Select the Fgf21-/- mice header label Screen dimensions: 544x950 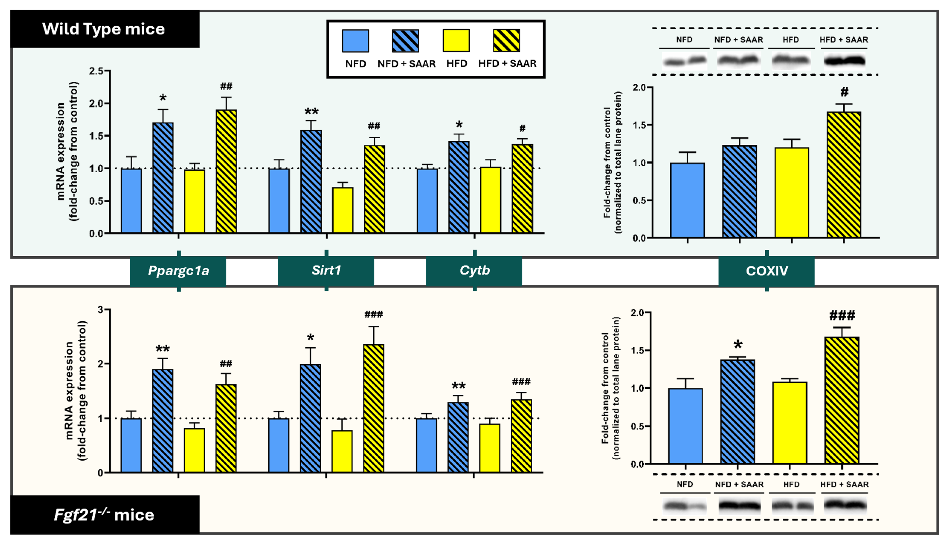[x=104, y=515]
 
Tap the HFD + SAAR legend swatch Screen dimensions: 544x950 [x=506, y=41]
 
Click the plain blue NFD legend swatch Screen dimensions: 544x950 [x=355, y=41]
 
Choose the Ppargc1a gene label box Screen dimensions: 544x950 [x=178, y=270]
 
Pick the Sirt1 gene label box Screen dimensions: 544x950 [x=326, y=270]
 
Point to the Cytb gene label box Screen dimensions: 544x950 [x=474, y=270]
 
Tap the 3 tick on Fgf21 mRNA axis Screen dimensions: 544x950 [x=100, y=310]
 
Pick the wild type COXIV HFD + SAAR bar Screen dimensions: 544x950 [x=844, y=175]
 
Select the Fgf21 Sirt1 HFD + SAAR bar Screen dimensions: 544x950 [x=374, y=408]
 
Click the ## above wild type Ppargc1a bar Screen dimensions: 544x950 [x=226, y=87]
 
